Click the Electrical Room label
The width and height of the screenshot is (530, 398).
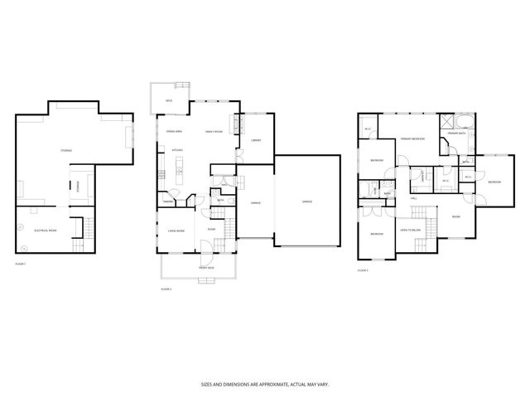point(45,230)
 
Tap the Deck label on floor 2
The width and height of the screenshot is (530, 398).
point(168,100)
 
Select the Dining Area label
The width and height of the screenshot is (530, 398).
point(174,132)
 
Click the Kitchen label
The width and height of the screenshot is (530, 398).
point(176,150)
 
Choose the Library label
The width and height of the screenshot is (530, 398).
point(256,141)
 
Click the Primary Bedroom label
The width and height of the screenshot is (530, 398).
point(413,138)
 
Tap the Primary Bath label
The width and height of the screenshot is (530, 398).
point(457,133)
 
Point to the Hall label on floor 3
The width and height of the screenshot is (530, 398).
point(413,198)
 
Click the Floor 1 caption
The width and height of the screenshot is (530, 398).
point(22,263)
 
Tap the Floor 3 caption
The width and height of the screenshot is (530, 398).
point(363,269)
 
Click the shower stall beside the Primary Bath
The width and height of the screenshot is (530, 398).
point(448,119)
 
